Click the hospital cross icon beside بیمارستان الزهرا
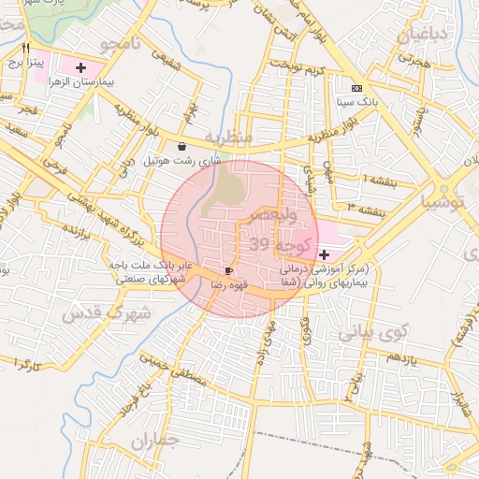coord(80,67)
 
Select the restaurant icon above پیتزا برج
coord(27,48)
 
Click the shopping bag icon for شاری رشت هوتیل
coord(181,146)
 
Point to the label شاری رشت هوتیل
coord(182,160)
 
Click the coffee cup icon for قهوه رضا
coord(229,270)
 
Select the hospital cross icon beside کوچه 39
coord(324,254)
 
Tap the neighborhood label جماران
coord(154,441)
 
